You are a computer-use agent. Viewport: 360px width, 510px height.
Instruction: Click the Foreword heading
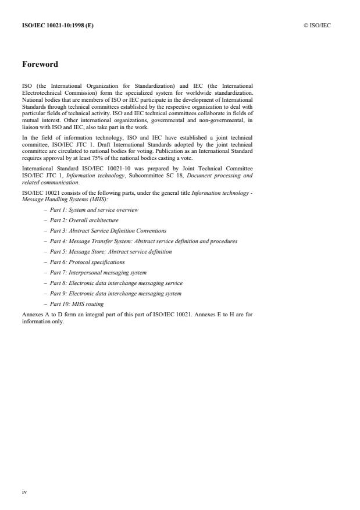pos(40,65)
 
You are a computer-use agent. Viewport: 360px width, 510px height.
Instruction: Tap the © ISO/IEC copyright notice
pos(317,25)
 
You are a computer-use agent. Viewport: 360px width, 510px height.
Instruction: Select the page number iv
pos(24,492)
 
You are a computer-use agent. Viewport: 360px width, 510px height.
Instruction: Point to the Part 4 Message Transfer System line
pos(143,241)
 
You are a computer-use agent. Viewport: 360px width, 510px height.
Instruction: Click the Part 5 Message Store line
pos(111,252)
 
